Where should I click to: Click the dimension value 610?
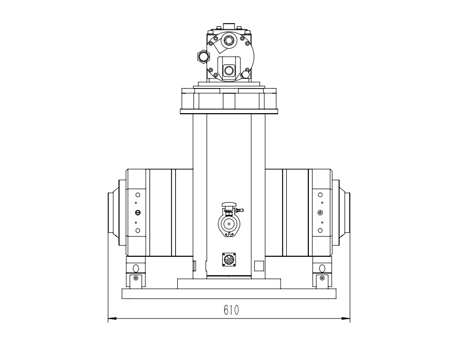231,310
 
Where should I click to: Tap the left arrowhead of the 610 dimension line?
112,319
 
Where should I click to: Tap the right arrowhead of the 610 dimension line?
346,319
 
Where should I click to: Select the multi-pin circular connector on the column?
229,260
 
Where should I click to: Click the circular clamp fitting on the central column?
229,225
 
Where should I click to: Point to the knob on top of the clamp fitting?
230,204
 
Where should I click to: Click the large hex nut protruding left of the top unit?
203,56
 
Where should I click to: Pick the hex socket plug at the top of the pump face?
228,40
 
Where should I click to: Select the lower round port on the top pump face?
229,71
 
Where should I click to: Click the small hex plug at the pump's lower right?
246,73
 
